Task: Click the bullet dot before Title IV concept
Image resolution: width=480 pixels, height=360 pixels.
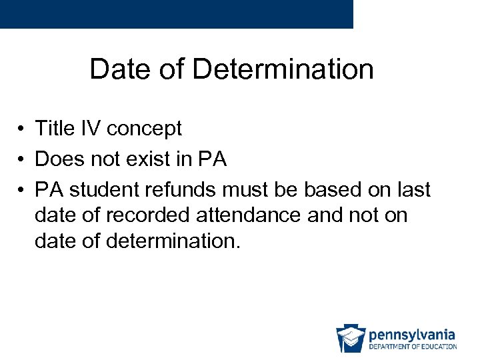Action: (22, 129)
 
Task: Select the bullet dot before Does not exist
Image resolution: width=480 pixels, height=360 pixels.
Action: (22, 160)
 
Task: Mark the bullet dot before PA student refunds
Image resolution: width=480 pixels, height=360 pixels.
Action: (22, 191)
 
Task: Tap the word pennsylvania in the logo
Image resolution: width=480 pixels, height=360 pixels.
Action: (411, 334)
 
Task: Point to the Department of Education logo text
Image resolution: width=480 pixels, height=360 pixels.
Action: (412, 346)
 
